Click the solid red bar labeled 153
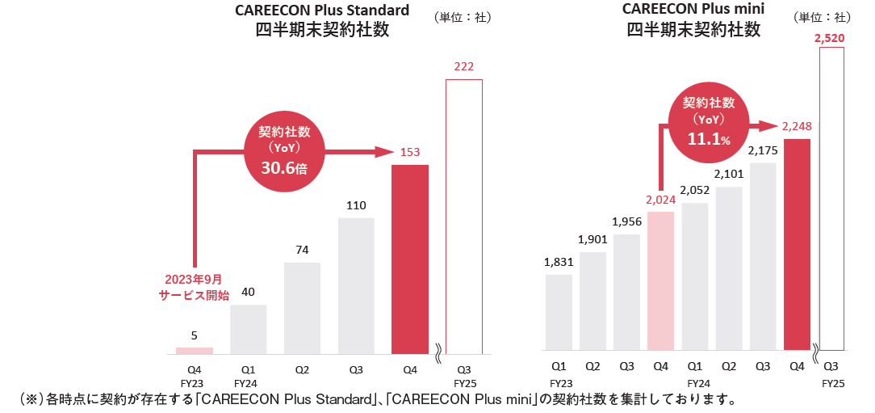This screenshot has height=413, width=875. (410, 259)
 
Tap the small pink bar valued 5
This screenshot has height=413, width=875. (195, 351)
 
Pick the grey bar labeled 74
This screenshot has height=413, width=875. (302, 308)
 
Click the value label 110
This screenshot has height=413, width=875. (356, 205)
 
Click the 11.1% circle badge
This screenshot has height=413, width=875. (709, 121)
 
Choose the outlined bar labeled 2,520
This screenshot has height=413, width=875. (831, 198)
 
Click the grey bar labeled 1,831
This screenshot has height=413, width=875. (559, 312)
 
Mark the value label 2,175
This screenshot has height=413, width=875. (763, 150)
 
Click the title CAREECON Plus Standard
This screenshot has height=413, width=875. (322, 11)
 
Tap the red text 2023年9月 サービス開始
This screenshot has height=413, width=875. (194, 288)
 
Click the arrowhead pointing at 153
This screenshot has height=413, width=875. (384, 151)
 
